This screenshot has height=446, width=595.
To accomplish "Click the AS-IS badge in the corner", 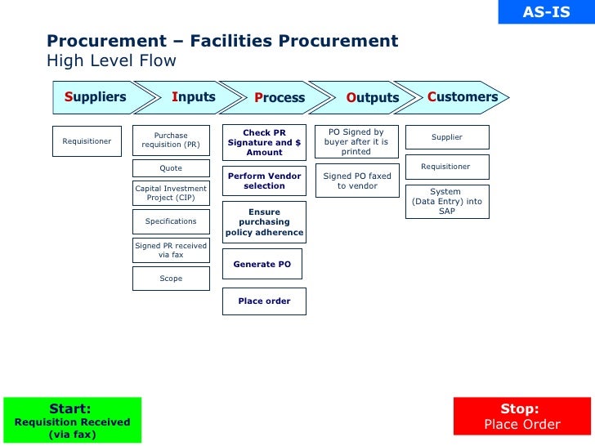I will [x=546, y=12].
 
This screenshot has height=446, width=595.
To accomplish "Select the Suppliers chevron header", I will [x=96, y=97].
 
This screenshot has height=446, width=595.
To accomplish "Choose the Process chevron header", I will [x=279, y=98].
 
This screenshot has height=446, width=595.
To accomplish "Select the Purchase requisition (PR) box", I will [x=171, y=140].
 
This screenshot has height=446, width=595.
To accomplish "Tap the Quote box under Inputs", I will [x=171, y=168].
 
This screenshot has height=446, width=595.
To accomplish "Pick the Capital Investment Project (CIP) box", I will [x=171, y=193].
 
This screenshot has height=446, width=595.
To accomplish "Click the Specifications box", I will [x=171, y=221].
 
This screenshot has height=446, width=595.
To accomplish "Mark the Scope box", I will [x=171, y=279].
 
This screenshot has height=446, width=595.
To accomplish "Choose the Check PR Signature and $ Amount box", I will [x=264, y=143].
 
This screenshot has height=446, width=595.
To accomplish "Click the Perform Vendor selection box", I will [x=264, y=181].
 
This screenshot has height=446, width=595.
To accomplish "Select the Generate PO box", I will [x=262, y=265].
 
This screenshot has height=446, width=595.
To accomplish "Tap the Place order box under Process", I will [x=264, y=301].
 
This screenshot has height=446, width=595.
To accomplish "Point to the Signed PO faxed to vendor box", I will [x=357, y=181].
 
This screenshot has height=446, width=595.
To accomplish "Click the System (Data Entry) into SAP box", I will [x=447, y=201].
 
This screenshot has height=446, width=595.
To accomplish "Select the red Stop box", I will [x=521, y=417].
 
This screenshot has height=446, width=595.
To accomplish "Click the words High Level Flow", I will [x=111, y=61].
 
